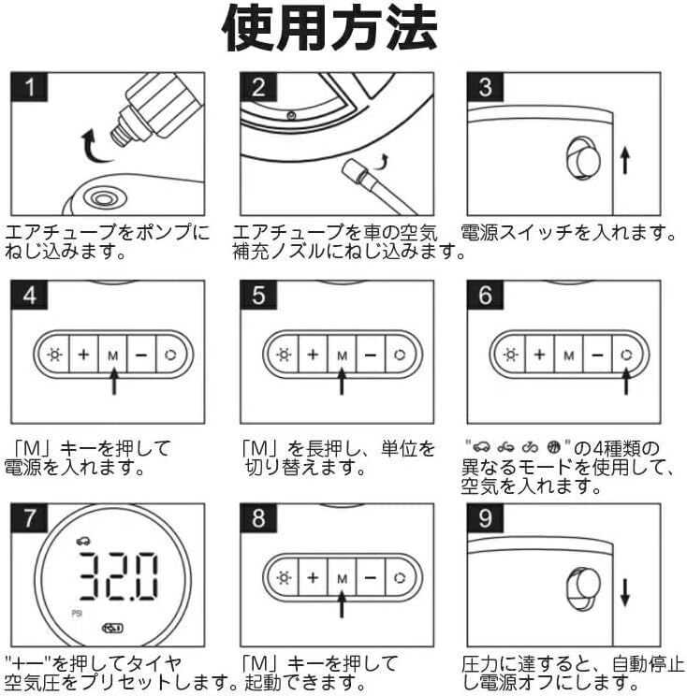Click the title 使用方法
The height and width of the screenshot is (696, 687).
click(330, 28)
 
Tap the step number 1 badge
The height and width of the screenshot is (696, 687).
click(29, 87)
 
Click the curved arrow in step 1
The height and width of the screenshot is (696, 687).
click(95, 147)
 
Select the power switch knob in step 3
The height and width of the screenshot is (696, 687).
click(583, 158)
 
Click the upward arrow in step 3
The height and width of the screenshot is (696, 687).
click(625, 160)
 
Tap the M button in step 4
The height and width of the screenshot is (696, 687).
click(113, 355)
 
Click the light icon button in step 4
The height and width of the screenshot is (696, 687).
click(54, 355)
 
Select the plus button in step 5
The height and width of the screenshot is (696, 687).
click(313, 355)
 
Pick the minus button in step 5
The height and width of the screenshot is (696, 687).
click(371, 355)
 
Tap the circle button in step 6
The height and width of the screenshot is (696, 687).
click(627, 355)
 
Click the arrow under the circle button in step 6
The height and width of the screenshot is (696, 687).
click(626, 381)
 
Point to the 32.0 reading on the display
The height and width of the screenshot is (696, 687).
click(119, 576)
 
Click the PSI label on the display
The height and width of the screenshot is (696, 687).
click(77, 614)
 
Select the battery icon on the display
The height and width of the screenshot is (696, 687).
click(113, 628)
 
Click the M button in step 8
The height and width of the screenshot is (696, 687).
click(342, 578)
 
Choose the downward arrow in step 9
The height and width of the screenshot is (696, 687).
click(625, 592)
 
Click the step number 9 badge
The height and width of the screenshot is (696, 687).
click(486, 518)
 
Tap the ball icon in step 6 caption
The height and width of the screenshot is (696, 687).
click(554, 446)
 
